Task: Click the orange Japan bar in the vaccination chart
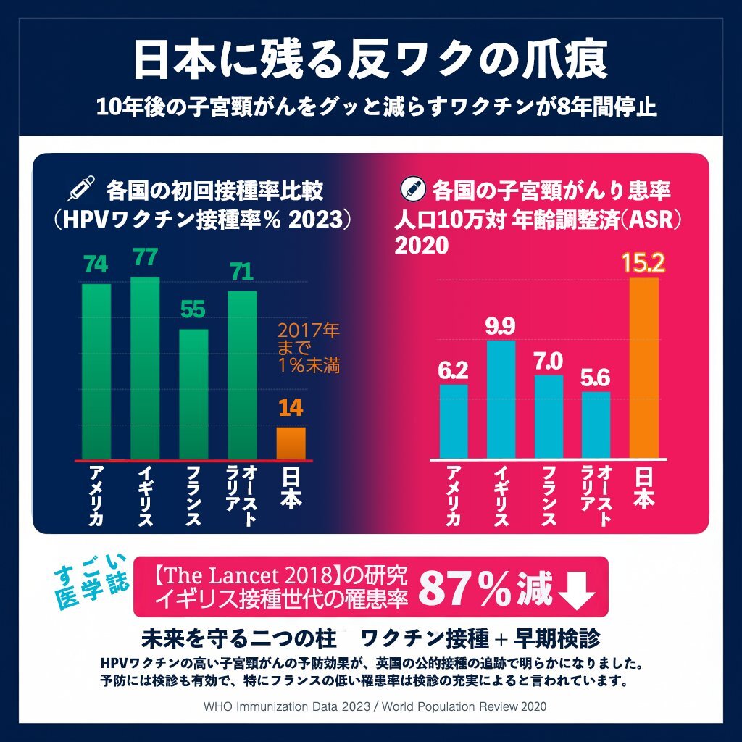pyautogui.click(x=291, y=443)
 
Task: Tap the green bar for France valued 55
pyautogui.click(x=193, y=394)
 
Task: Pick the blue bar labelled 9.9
pyautogui.click(x=501, y=399)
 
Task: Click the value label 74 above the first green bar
pyautogui.click(x=96, y=265)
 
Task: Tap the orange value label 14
pyautogui.click(x=291, y=409)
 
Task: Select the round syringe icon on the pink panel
pyautogui.click(x=413, y=190)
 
